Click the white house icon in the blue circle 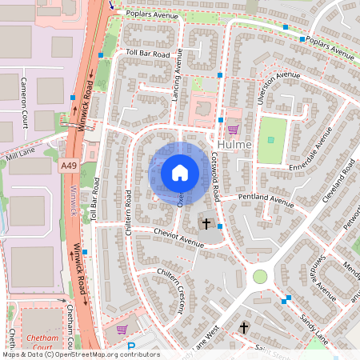[x=180, y=172]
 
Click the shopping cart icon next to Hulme [x=233, y=129]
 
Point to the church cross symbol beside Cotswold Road [x=206, y=223]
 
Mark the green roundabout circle [x=260, y=277]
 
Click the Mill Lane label [x=21, y=149]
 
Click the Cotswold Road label [x=215, y=173]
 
